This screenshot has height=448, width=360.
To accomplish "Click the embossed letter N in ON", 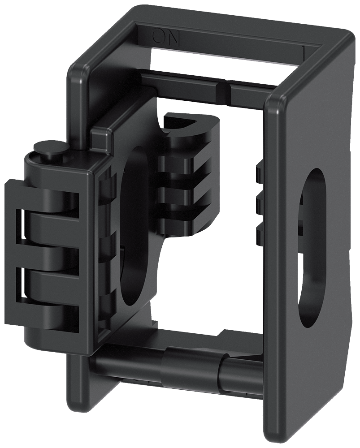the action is [173, 38].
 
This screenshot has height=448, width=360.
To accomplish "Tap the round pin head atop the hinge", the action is [50, 148].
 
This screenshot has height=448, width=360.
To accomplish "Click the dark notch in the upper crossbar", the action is [223, 93].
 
